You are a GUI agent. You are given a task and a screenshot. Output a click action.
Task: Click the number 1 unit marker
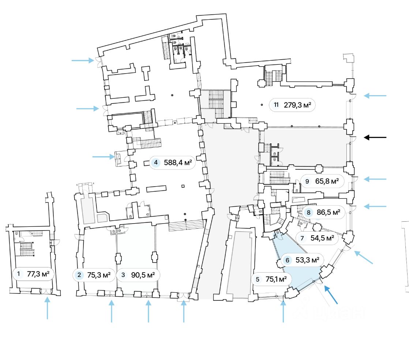coord(18,273)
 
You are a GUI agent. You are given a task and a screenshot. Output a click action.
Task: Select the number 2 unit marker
coord(79,275)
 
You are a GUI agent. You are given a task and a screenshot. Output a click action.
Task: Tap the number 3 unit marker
coord(123,275)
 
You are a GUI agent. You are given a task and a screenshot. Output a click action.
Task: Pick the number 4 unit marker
coord(156,162)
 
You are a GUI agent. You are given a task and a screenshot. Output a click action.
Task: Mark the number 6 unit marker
coord(288,260)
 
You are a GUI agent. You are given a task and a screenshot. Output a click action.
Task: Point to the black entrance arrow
coord(375,138)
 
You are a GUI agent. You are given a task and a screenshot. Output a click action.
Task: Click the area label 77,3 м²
coord(38,273)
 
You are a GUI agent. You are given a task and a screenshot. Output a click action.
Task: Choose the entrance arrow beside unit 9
coord(375,179)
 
